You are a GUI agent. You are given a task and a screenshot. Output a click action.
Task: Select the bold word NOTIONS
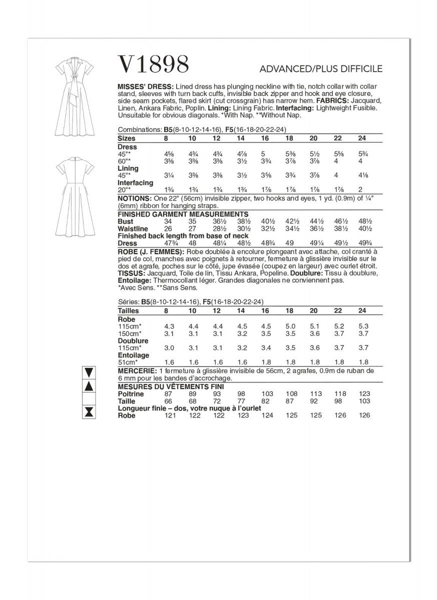(135, 198)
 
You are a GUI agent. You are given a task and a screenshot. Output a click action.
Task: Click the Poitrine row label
(130, 394)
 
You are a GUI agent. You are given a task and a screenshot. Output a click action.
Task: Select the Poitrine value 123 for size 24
(365, 394)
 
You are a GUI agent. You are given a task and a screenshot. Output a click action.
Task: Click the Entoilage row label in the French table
(132, 355)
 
